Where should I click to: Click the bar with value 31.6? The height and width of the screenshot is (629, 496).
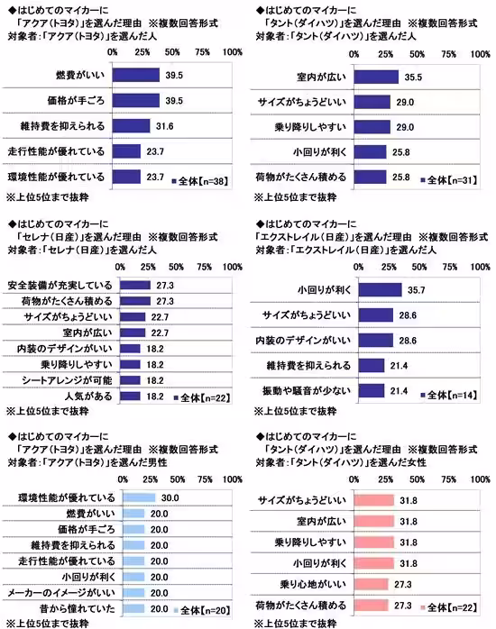click(x=137, y=124)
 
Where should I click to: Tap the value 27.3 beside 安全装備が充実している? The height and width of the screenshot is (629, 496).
click(x=165, y=285)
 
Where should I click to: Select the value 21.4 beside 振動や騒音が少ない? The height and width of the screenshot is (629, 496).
click(x=400, y=391)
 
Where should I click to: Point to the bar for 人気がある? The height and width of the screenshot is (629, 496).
click(x=132, y=395)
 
